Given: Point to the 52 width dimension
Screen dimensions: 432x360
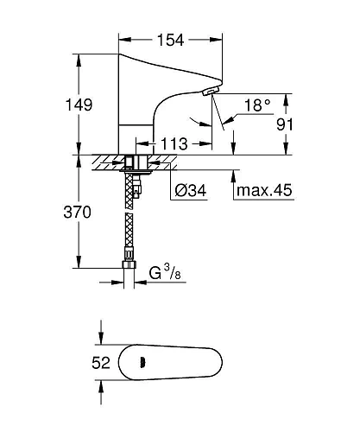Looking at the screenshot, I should [101, 363].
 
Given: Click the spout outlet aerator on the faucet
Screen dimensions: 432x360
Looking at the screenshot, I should [210, 91].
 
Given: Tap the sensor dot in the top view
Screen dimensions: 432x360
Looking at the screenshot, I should [142, 363].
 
